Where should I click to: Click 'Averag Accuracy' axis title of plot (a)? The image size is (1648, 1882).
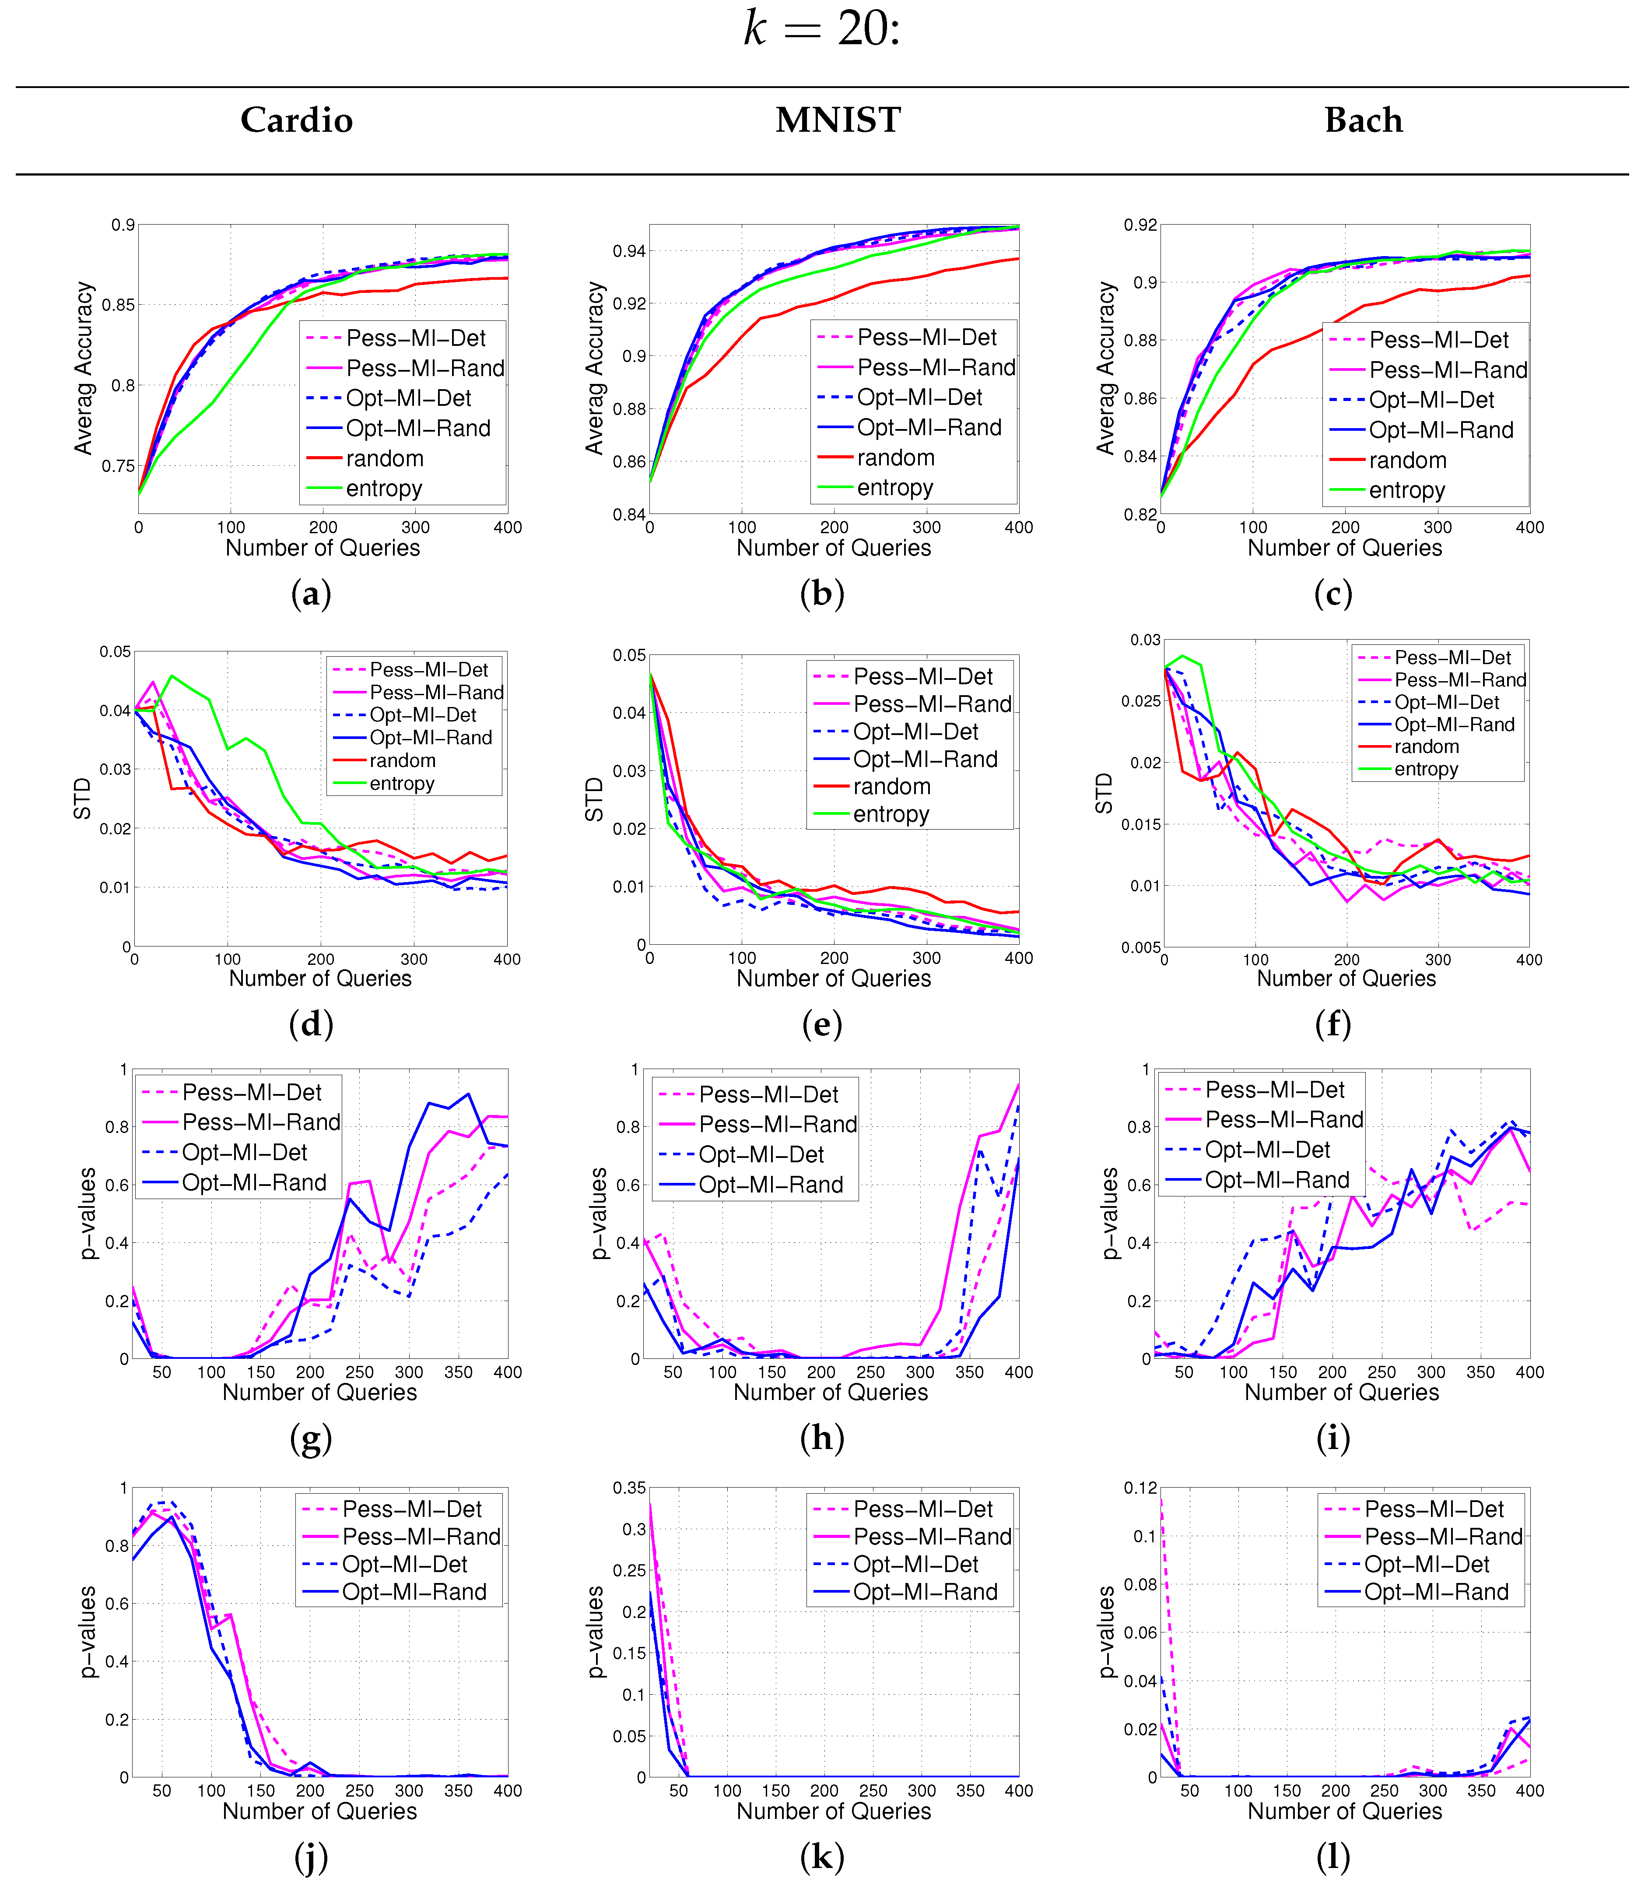pos(84,368)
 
